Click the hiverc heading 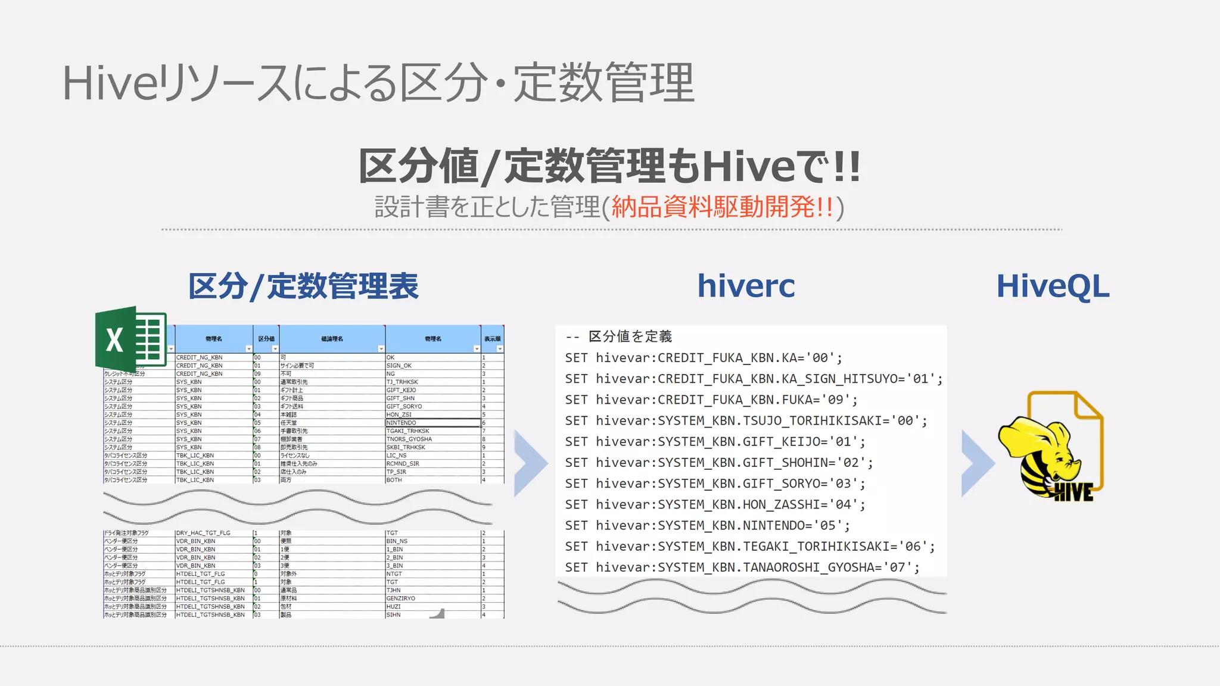point(746,286)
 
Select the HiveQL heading point(1053,286)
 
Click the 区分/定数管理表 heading point(303,286)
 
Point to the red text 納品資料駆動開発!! point(722,207)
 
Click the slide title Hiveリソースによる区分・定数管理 point(378,83)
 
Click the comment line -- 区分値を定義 point(618,336)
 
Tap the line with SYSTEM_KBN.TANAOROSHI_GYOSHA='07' point(742,567)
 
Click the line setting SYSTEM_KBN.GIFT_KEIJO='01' point(715,441)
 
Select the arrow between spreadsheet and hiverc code point(530,463)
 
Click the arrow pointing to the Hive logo point(977,463)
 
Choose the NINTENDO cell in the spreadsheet point(402,423)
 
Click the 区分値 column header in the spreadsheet point(266,339)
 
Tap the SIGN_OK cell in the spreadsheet point(399,366)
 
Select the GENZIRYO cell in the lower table point(401,598)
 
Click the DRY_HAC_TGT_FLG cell point(203,533)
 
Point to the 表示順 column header point(492,339)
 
